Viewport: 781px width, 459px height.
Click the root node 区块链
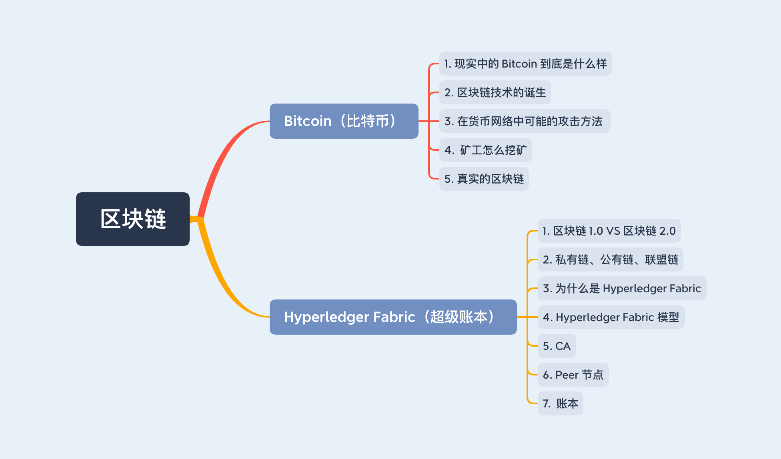point(133,219)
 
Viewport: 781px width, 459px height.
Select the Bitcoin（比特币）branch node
point(344,121)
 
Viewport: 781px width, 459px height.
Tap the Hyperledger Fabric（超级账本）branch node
point(393,317)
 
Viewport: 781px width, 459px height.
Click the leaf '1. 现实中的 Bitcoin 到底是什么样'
point(525,64)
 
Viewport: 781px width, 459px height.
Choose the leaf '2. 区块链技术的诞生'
point(495,92)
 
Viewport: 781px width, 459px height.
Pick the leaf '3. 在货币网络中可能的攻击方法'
point(525,121)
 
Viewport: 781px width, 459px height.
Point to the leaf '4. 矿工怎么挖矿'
point(485,150)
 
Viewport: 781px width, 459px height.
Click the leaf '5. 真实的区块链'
point(484,179)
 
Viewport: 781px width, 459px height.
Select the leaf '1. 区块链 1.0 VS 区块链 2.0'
point(609,231)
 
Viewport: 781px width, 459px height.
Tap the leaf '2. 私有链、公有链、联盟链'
point(610,259)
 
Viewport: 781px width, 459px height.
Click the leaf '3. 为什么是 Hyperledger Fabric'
point(622,288)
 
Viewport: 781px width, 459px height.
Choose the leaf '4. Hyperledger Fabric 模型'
point(611,317)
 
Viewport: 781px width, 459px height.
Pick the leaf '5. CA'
point(557,346)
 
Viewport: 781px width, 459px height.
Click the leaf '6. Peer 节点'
point(573,375)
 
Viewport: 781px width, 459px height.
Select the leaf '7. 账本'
point(560,403)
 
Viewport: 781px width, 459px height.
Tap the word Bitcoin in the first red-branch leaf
point(519,64)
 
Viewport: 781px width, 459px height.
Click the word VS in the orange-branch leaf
point(613,231)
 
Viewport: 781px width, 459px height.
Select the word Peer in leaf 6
point(567,375)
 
